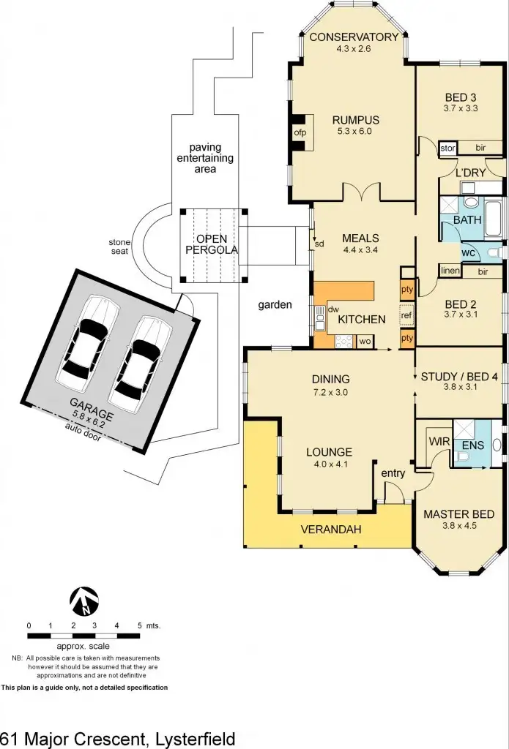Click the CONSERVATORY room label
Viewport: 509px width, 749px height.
(354, 37)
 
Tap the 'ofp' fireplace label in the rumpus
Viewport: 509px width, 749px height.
(300, 133)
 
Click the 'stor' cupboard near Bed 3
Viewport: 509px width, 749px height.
(447, 148)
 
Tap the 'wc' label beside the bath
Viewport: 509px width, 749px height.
(467, 252)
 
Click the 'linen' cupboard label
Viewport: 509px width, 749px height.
(449, 271)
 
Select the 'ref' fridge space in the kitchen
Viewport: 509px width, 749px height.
(406, 315)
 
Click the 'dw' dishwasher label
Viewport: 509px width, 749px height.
(332, 310)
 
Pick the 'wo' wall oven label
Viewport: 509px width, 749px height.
(364, 340)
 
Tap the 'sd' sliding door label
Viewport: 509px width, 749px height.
(319, 243)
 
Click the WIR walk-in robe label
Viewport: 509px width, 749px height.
(438, 442)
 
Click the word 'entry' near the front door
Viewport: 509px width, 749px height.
(393, 473)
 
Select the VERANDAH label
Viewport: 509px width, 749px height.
(331, 530)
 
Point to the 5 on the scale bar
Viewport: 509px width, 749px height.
(139, 626)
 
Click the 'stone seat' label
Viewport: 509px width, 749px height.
(120, 246)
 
